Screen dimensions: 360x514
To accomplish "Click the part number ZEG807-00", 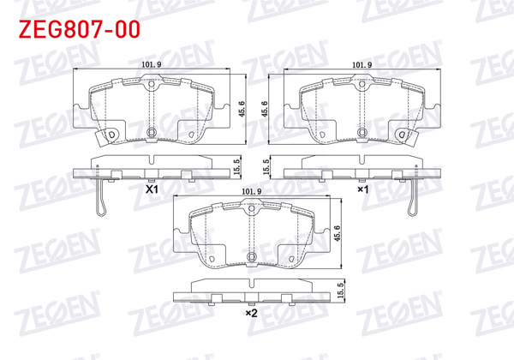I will tap(76, 30).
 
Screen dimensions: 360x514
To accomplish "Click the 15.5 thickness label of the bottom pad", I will tap(341, 291).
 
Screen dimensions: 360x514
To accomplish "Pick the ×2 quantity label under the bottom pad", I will tap(251, 314).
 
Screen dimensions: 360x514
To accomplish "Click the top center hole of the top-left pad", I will tap(152, 87).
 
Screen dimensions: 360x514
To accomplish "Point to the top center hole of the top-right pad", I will tap(362, 87).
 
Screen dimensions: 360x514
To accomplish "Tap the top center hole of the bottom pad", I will tap(251, 211).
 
